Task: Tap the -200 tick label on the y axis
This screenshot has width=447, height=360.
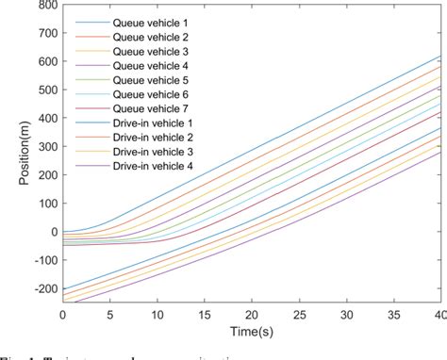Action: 41,289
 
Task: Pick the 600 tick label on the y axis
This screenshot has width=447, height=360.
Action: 44,61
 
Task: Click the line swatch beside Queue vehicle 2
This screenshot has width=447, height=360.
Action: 88,37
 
